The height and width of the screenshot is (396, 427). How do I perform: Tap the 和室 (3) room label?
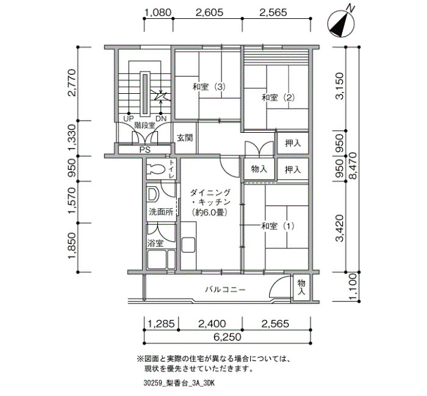(209, 87)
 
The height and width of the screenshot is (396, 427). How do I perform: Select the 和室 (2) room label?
(278, 97)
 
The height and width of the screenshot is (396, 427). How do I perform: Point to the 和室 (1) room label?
(278, 226)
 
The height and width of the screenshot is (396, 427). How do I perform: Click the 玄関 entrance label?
(185, 138)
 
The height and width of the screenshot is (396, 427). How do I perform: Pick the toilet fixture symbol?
(156, 169)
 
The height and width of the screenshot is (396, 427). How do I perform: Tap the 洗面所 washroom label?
(161, 212)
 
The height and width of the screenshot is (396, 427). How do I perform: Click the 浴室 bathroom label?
(156, 243)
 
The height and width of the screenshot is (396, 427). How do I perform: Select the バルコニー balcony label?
(225, 289)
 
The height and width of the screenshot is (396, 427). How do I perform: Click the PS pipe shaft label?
(145, 150)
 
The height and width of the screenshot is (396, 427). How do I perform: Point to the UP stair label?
(128, 119)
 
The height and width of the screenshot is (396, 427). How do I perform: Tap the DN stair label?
(161, 119)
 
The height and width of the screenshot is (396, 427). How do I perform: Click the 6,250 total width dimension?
(228, 338)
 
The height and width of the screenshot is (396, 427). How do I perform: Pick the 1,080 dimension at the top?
(158, 13)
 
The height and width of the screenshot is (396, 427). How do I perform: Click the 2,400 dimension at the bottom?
(212, 324)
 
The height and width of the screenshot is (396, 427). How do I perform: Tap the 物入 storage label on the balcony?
(301, 288)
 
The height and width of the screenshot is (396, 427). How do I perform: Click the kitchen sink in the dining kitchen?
(188, 245)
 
